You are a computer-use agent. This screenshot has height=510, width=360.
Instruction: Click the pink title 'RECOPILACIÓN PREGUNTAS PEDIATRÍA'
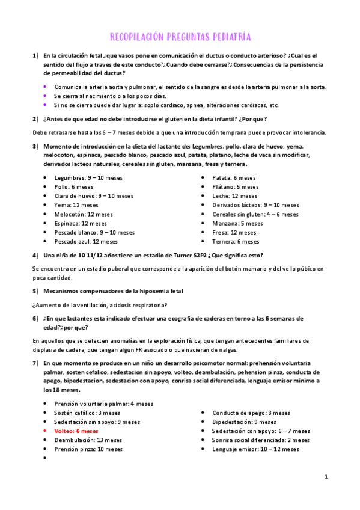(180, 36)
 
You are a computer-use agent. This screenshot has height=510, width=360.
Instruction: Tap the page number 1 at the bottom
(325, 477)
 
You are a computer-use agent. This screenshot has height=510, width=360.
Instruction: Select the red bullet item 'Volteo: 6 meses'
(76, 431)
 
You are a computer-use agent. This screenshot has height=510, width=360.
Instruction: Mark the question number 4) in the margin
(36, 255)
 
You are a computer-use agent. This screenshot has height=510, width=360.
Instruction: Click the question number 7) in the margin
(36, 363)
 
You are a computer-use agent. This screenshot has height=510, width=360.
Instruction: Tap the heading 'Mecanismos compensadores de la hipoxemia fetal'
(114, 291)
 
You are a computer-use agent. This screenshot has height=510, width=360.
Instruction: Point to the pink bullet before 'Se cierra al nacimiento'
(45, 96)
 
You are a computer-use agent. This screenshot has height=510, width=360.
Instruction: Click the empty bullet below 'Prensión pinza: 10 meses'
(46, 458)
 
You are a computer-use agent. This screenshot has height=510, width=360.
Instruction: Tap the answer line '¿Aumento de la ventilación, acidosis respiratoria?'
(100, 304)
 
